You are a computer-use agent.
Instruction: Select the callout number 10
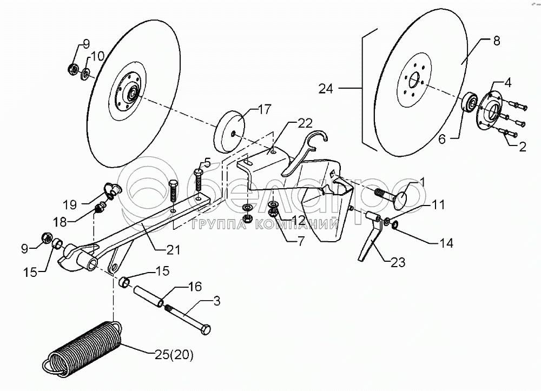97,56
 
